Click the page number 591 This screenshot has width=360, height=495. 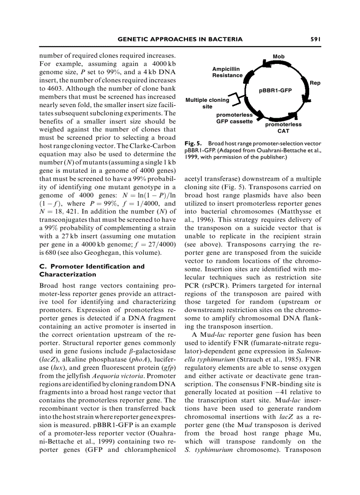314,39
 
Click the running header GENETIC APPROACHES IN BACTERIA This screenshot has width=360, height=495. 180,39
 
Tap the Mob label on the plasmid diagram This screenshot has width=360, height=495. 278,56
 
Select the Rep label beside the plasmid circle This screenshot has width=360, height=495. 315,83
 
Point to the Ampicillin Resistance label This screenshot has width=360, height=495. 227,72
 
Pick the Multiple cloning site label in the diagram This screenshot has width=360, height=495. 207,103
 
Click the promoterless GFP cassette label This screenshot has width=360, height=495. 234,118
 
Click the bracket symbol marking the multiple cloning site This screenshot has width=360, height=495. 236,100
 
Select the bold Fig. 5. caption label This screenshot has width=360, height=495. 193,143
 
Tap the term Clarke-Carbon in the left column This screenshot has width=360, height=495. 153,146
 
